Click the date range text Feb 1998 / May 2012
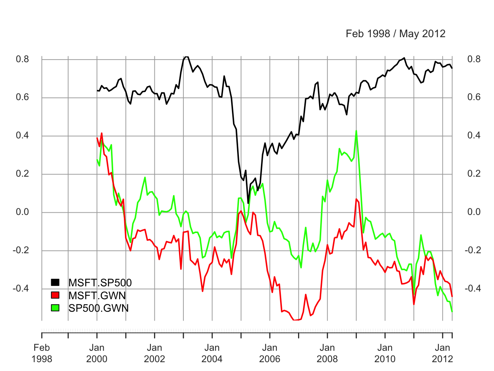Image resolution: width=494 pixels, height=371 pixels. [395, 34]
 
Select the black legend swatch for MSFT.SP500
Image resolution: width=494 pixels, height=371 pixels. [55, 282]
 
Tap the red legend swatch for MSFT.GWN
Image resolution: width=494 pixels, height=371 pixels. [55, 295]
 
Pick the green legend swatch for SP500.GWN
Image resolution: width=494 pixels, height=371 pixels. [55, 308]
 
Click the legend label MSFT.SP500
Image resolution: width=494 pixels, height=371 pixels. [100, 283]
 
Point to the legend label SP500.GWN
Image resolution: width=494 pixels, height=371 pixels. [99, 308]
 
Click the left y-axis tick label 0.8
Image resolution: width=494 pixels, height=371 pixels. [22, 59]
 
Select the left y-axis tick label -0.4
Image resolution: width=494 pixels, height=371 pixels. [21, 289]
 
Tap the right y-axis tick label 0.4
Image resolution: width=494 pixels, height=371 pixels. [474, 136]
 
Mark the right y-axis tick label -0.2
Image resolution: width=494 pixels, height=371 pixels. [472, 250]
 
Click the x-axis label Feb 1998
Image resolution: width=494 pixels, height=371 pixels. [42, 353]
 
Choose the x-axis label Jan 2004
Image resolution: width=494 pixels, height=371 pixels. [212, 353]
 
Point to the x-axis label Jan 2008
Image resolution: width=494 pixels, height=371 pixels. [327, 353]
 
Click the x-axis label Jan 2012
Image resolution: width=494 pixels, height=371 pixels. [443, 353]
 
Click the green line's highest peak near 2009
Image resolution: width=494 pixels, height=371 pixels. [356, 131]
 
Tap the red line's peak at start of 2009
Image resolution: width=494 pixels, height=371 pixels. [357, 199]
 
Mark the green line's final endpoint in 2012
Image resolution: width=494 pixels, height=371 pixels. [452, 311]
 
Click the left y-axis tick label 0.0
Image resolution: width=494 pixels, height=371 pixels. [22, 212]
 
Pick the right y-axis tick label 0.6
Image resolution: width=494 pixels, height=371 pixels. [474, 98]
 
